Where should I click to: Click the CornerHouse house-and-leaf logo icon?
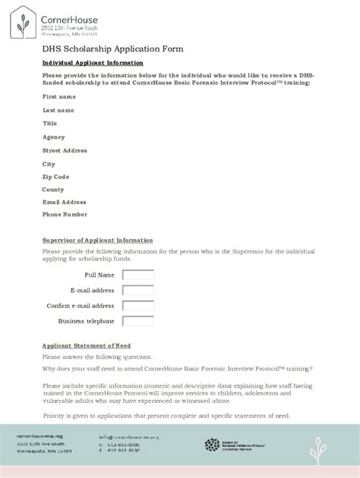[23, 23]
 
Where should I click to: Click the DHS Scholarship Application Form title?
[112, 49]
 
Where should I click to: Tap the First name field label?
[59, 97]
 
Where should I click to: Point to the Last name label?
[58, 110]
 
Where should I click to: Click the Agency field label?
[54, 137]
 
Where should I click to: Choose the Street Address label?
[65, 150]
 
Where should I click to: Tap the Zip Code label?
[55, 177]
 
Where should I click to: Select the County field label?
[53, 190]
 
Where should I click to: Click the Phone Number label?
[65, 215]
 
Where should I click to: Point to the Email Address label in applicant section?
[65, 202]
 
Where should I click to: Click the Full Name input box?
[138, 275]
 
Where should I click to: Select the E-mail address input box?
[138, 290]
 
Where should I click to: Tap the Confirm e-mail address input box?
[138, 306]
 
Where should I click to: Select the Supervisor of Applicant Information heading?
[97, 241]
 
